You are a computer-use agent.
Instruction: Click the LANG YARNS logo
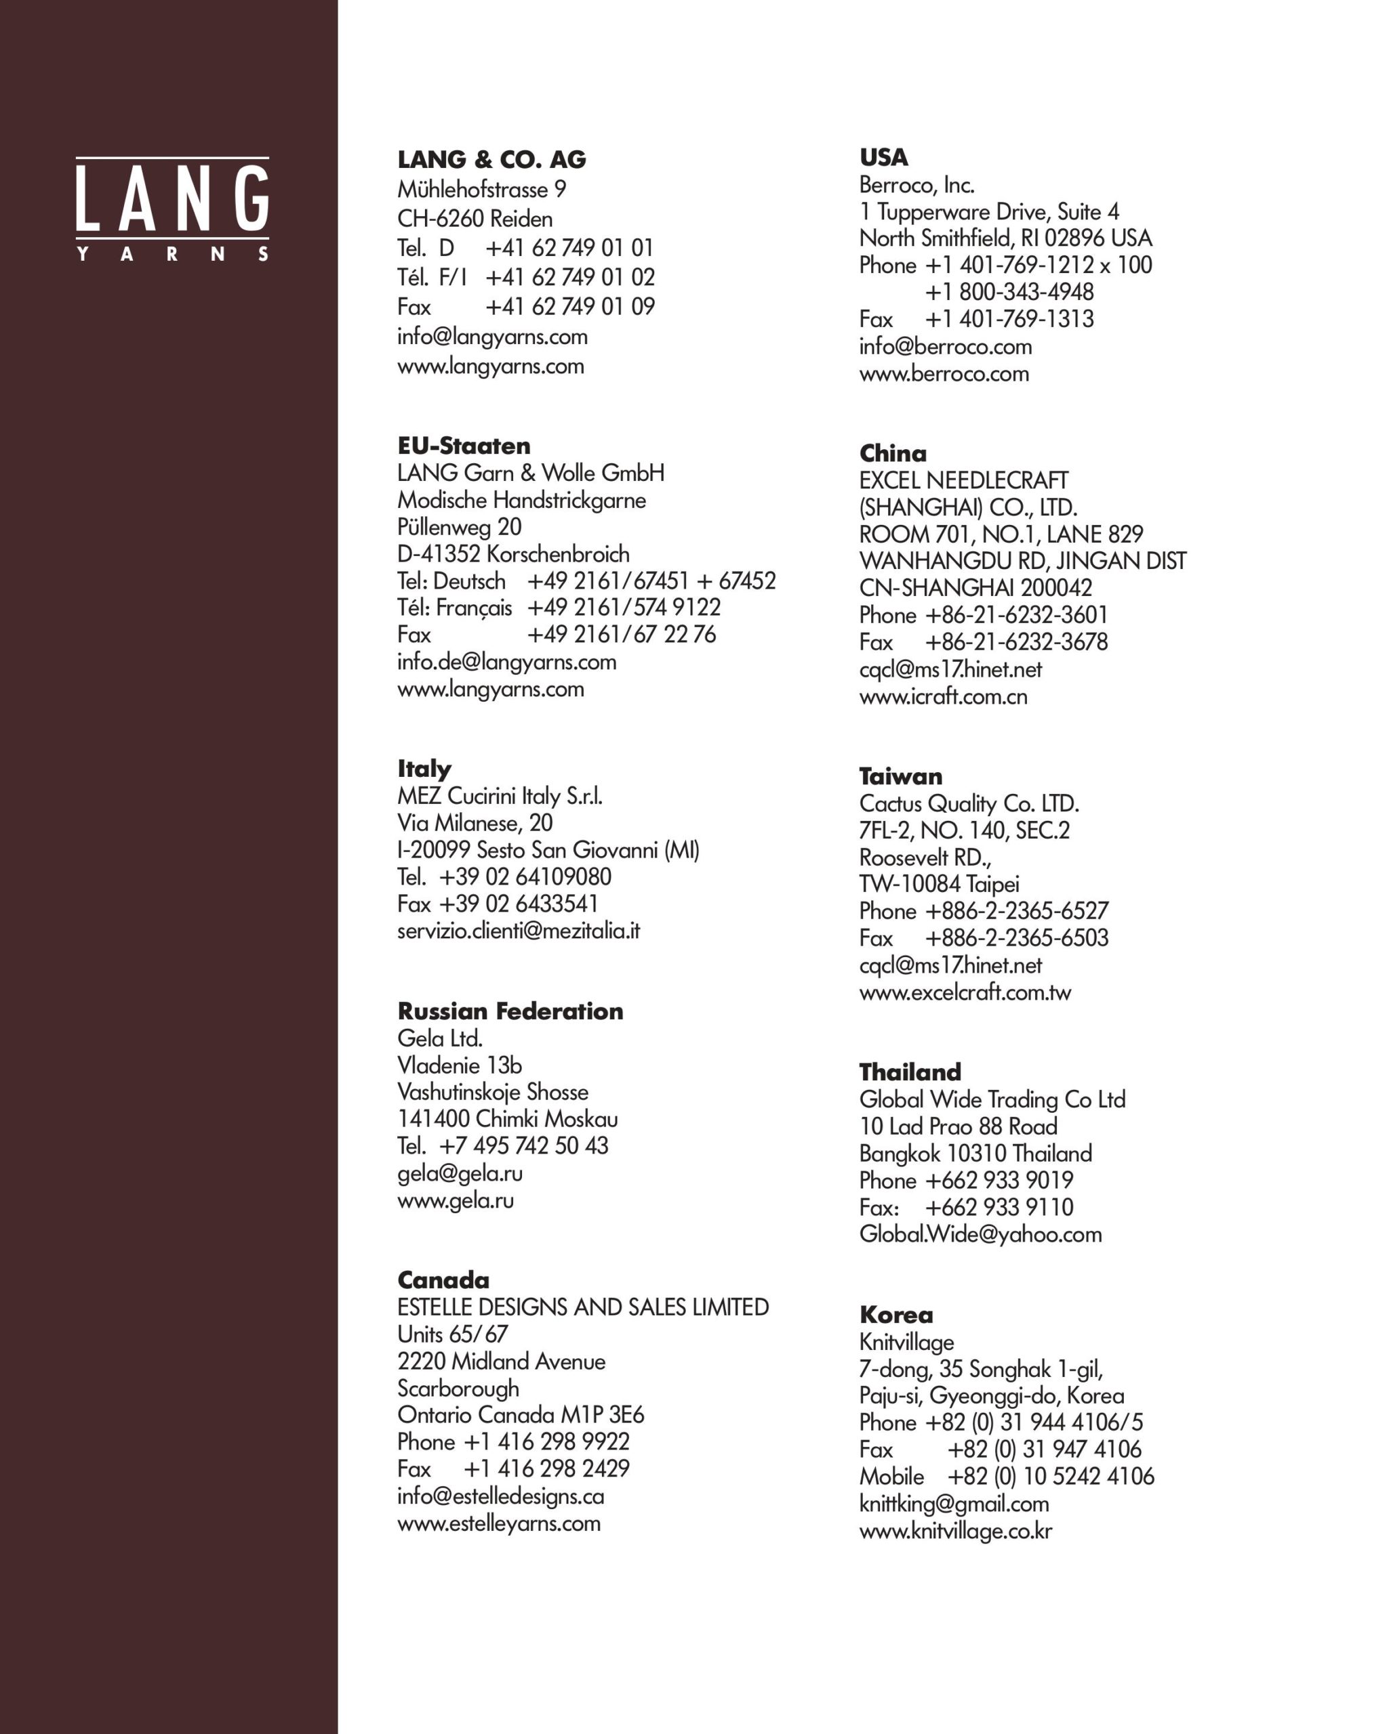click(x=172, y=209)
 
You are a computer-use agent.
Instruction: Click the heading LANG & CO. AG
click(x=491, y=159)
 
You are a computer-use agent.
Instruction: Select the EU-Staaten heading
click(x=464, y=446)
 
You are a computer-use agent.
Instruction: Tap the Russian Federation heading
click(x=510, y=1011)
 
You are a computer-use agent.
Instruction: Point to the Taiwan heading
click(x=900, y=776)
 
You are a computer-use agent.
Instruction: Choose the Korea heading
click(x=895, y=1315)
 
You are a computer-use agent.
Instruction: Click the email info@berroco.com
click(x=945, y=347)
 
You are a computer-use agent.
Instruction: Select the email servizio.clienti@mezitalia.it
click(x=519, y=931)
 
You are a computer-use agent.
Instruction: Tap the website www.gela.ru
click(x=456, y=1200)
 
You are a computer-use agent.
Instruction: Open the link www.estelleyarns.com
click(x=499, y=1523)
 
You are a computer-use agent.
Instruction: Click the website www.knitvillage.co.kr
click(x=955, y=1531)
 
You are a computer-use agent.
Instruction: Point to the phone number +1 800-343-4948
click(x=1009, y=292)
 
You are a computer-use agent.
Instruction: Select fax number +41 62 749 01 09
click(x=569, y=306)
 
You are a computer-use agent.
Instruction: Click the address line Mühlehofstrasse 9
click(x=481, y=190)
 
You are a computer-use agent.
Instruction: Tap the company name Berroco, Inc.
click(x=917, y=185)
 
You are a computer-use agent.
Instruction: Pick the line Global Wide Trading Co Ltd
click(x=992, y=1099)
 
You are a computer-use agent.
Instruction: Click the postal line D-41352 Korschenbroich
click(x=513, y=554)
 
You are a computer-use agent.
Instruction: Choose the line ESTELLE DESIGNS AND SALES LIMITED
click(x=582, y=1307)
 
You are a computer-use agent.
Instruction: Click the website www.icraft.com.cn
click(x=943, y=696)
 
